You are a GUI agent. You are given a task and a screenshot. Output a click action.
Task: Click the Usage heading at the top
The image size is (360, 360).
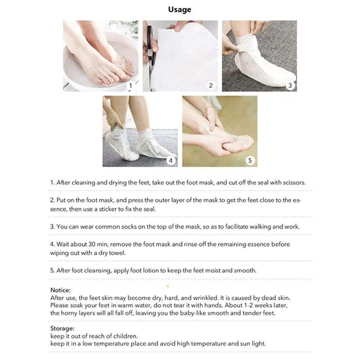(179, 10)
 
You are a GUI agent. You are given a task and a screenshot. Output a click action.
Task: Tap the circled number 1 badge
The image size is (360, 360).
(131, 86)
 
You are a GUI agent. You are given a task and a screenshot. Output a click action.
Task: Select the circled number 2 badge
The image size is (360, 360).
(211, 85)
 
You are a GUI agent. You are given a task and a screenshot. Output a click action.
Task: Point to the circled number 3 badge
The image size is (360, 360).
(290, 86)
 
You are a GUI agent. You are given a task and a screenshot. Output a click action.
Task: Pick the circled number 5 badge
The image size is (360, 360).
(250, 160)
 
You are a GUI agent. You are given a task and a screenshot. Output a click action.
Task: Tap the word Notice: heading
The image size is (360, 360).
(60, 290)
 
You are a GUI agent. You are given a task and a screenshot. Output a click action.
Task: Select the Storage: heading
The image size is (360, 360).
(62, 328)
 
